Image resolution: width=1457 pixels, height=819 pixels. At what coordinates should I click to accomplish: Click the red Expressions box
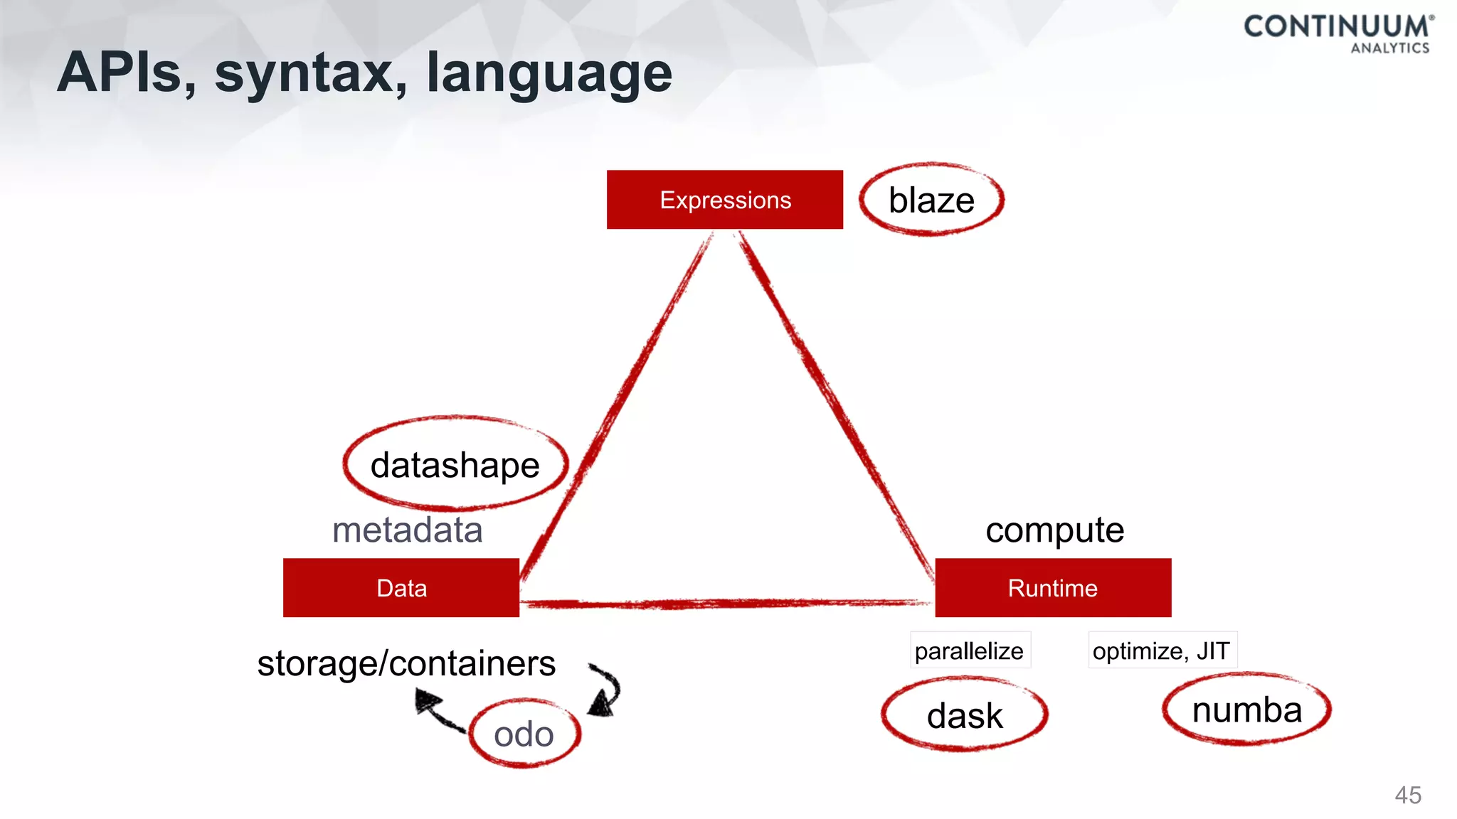coord(724,200)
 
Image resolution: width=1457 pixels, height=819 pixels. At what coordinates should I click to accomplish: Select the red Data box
coord(401,588)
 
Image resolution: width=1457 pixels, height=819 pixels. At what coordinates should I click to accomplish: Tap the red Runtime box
coord(1053,588)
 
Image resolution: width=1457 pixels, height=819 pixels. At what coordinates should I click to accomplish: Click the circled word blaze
coord(931,200)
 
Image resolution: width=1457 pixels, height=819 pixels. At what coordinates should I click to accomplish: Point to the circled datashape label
coord(455,465)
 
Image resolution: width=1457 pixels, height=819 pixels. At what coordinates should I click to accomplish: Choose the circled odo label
coord(524,734)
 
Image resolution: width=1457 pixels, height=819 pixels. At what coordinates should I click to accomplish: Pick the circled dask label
coord(965,714)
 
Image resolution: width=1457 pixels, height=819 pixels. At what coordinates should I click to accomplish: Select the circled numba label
coord(1247,710)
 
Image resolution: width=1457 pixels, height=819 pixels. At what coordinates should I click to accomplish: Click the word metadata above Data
coord(408,530)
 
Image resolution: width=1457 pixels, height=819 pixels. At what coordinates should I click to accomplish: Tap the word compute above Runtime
coord(1054,530)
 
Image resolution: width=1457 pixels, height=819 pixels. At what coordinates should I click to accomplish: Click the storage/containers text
coord(406,663)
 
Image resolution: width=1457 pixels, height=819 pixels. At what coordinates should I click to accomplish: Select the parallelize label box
coord(970,651)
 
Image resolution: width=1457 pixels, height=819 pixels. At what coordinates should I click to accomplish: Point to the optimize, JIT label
coord(1162,651)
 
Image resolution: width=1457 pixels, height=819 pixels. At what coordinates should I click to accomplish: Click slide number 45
coord(1408,795)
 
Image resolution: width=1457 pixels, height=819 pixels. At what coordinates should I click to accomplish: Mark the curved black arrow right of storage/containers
coord(605,690)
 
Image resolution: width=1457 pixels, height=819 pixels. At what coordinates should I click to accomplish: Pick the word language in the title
coord(549,74)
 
